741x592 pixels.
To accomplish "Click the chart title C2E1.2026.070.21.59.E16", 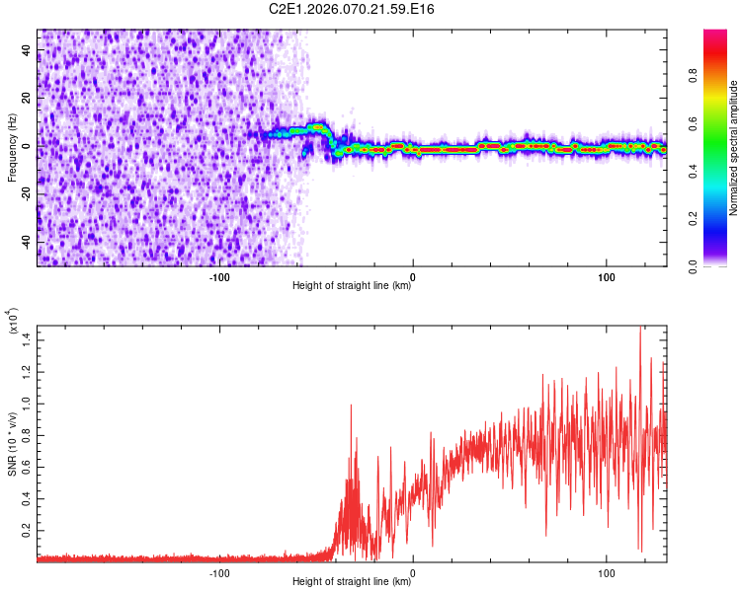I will point(352,9).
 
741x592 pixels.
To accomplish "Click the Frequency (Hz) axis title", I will point(13,147).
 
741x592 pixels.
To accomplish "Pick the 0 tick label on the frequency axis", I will point(28,146).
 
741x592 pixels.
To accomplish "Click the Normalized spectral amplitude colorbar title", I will point(734,147).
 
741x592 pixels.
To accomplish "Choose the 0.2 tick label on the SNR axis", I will point(28,530).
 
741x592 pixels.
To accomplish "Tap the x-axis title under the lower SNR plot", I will point(352,583).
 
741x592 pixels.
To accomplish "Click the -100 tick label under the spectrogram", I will point(219,277).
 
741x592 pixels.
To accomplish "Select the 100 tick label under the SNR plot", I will point(606,573).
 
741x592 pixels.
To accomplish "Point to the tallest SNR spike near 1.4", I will point(640,329).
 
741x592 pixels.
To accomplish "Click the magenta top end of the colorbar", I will point(715,35).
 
